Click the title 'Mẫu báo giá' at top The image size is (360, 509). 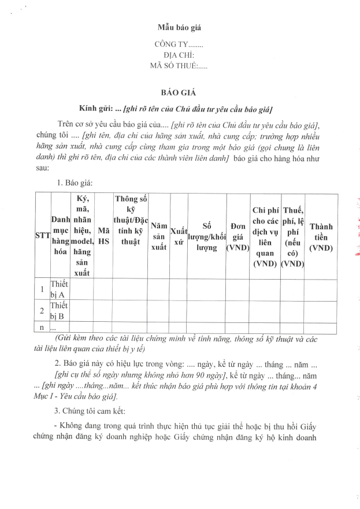point(180,27)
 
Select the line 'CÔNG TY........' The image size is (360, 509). point(179,44)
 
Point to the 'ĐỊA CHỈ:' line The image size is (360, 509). point(179,55)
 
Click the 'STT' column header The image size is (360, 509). point(42,235)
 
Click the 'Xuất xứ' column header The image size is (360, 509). point(179,235)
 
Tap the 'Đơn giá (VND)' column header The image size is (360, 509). point(237,235)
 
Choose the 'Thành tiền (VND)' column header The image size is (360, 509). point(326,235)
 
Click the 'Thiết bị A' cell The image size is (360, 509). point(60,289)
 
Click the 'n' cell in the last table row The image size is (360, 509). point(42,328)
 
